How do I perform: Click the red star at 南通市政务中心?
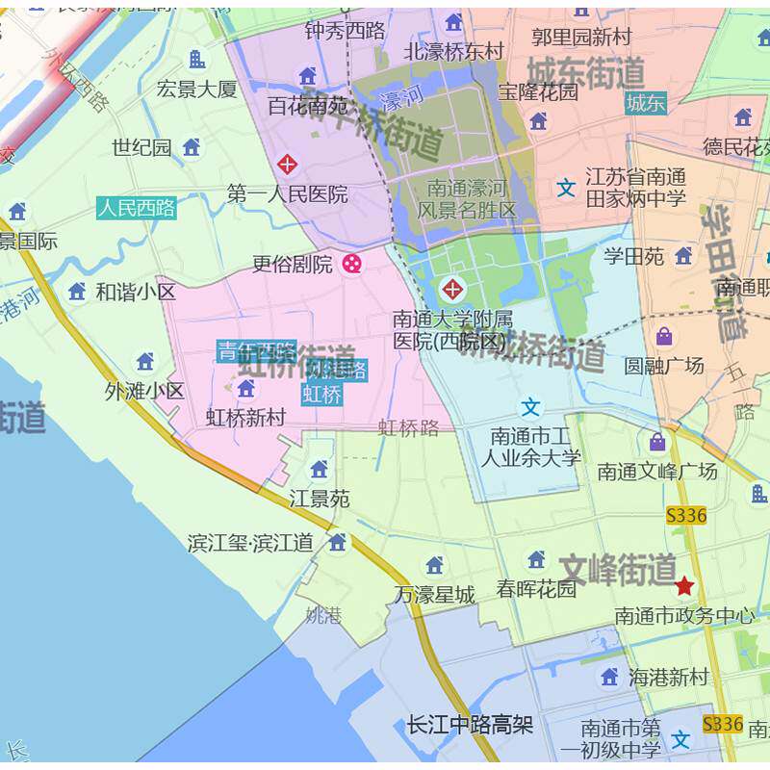coord(684,585)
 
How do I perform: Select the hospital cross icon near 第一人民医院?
coord(287,164)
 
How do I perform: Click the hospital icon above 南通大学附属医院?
coord(450,288)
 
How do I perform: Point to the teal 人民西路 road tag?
coord(137,207)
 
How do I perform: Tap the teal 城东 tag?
coord(645,104)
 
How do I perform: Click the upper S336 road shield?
coord(686,516)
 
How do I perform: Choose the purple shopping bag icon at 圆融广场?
coord(664,336)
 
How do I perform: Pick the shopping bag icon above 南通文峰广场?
coord(657,442)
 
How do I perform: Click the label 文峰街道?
coord(618,570)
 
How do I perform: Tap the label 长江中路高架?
coord(470,725)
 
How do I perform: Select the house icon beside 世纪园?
coord(192,146)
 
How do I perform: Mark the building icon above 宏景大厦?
coord(196,60)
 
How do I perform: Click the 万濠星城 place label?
coord(435,595)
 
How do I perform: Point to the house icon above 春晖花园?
coord(536,559)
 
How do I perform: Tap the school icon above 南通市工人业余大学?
coord(531,407)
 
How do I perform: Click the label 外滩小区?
coord(144,391)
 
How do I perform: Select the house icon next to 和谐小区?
coord(77,291)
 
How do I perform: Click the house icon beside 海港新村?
coord(609,677)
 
